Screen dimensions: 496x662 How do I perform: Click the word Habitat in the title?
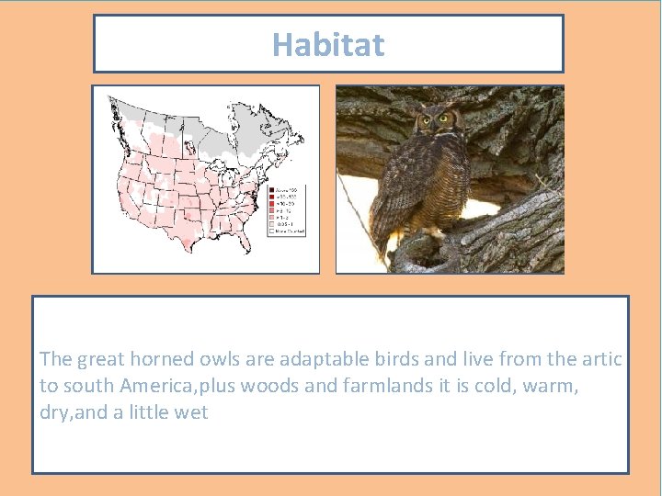(x=328, y=44)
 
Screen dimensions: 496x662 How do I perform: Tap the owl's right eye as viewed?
(x=446, y=118)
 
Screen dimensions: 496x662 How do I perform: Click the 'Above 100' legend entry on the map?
(x=287, y=189)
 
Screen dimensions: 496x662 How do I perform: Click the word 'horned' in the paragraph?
(x=163, y=359)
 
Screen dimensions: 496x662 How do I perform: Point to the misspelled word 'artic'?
(x=603, y=359)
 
